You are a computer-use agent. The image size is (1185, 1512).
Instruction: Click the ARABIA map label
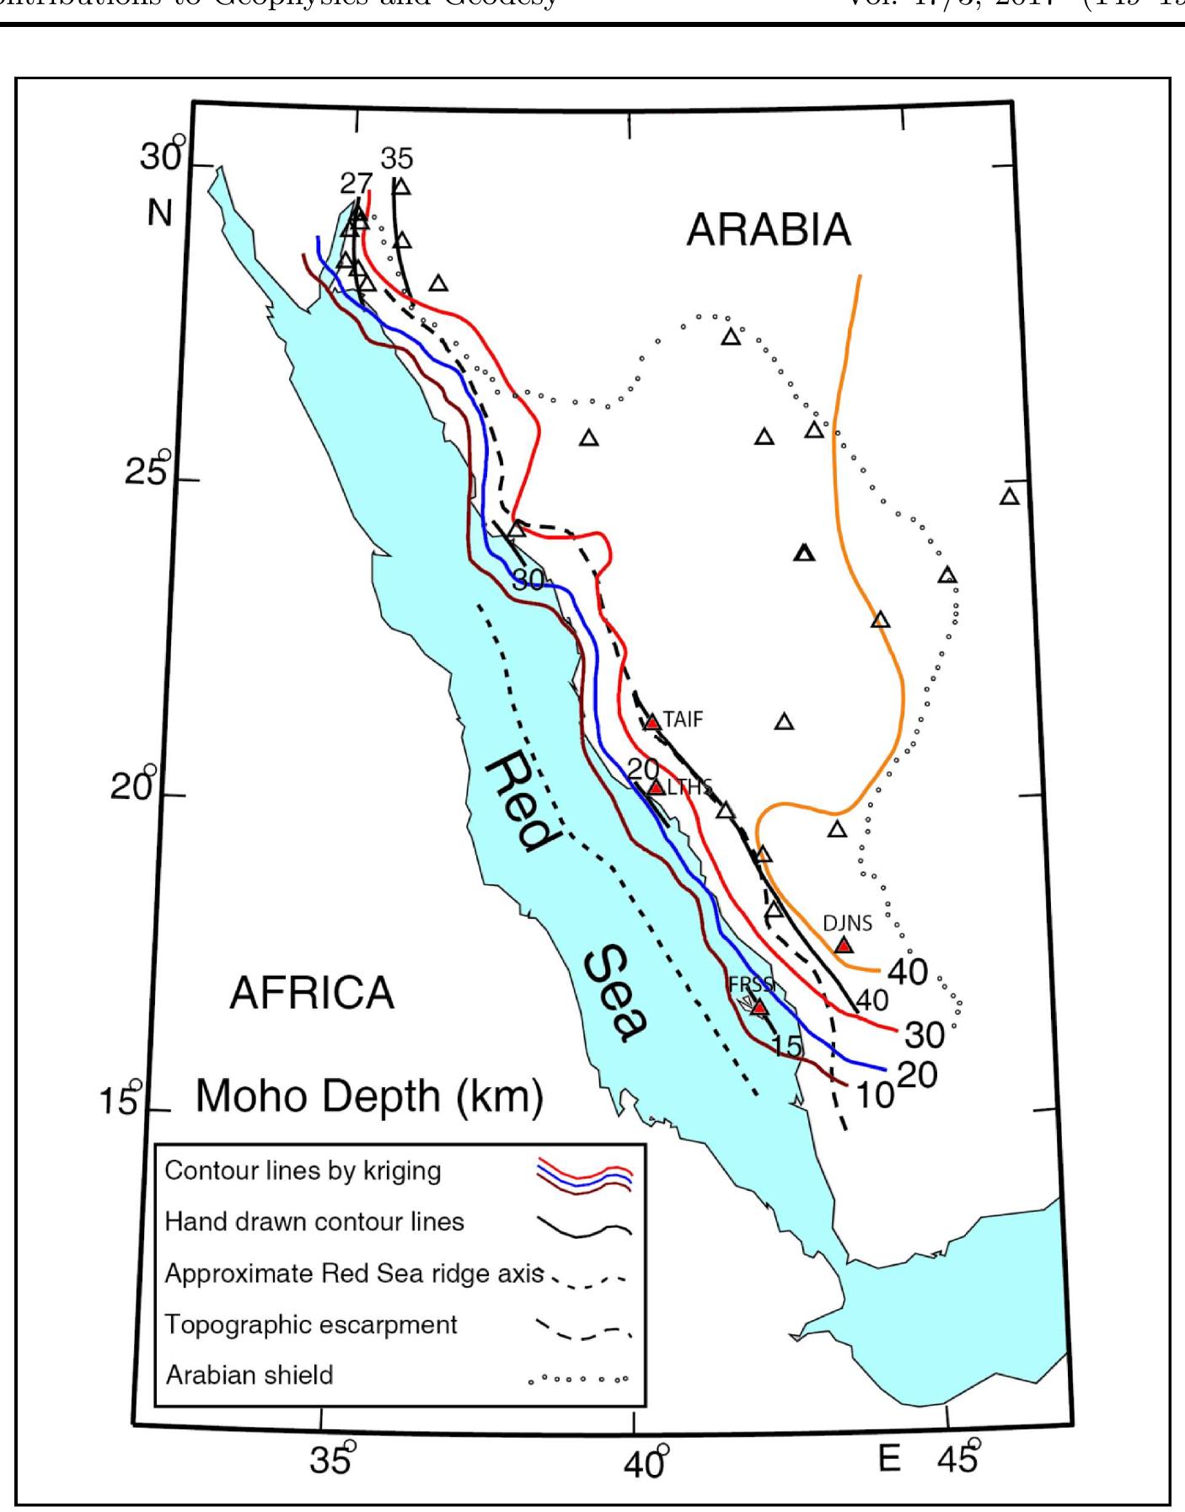click(x=769, y=229)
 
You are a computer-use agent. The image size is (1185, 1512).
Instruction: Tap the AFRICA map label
click(x=312, y=993)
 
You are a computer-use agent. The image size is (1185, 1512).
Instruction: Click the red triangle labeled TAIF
click(x=651, y=722)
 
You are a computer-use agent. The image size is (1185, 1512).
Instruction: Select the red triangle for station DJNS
click(x=843, y=945)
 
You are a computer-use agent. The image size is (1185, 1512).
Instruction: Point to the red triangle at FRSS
click(x=759, y=1007)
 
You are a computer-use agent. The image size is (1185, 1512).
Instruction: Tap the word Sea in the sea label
click(x=616, y=995)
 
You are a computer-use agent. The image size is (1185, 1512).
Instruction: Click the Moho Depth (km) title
click(x=369, y=1097)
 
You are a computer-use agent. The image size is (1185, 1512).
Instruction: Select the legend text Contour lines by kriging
click(x=303, y=1171)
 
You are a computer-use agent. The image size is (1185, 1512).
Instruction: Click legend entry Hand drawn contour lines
click(x=314, y=1221)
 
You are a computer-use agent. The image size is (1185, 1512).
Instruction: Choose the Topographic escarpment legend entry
click(x=311, y=1324)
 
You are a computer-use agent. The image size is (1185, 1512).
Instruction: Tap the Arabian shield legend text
click(x=249, y=1375)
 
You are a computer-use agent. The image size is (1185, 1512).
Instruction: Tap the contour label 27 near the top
click(x=357, y=183)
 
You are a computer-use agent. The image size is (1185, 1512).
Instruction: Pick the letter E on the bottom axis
click(x=889, y=1457)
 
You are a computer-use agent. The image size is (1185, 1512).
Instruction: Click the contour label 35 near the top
click(x=397, y=158)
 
